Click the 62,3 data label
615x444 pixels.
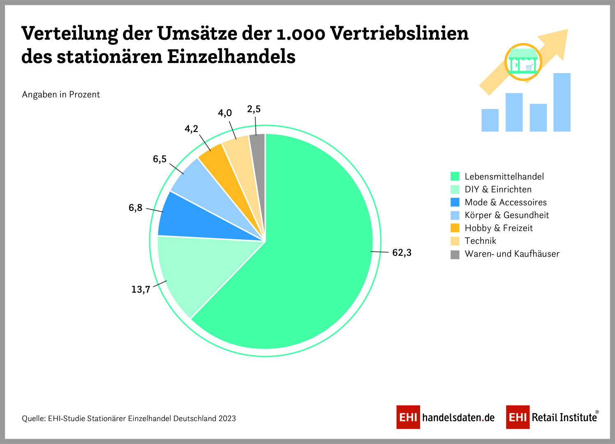pyautogui.click(x=402, y=252)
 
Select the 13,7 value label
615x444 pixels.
pyautogui.click(x=141, y=289)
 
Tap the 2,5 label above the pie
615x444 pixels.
pyautogui.click(x=254, y=109)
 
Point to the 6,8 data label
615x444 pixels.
pyautogui.click(x=135, y=208)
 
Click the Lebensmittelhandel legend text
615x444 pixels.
pyautogui.click(x=504, y=176)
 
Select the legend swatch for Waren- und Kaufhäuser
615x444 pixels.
pyautogui.click(x=455, y=254)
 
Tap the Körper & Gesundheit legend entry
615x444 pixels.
pyautogui.click(x=506, y=215)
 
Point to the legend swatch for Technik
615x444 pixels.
pyautogui.click(x=455, y=241)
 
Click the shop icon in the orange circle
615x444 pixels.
pyautogui.click(x=523, y=62)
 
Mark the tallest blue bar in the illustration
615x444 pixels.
pyautogui.click(x=562, y=102)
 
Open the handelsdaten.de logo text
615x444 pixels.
pyautogui.click(x=458, y=418)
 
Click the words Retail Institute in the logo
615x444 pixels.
pyautogui.click(x=564, y=418)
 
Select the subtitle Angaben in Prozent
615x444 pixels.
pyautogui.click(x=61, y=95)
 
